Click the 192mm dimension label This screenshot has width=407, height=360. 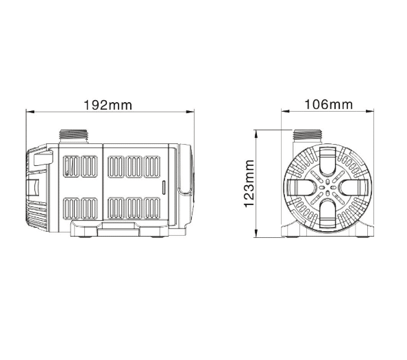click(x=108, y=105)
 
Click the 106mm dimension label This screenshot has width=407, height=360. click(x=328, y=105)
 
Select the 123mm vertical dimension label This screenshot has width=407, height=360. click(x=249, y=184)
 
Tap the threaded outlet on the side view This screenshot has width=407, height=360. click(x=74, y=136)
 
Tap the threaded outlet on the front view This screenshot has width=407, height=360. click(x=308, y=136)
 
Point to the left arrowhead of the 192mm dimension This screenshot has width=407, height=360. click(x=30, y=112)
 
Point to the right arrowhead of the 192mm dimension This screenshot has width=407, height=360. click(x=190, y=112)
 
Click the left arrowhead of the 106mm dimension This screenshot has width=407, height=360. click(x=285, y=111)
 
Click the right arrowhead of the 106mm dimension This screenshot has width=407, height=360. click(x=369, y=111)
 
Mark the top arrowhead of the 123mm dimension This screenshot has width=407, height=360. click(x=256, y=134)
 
